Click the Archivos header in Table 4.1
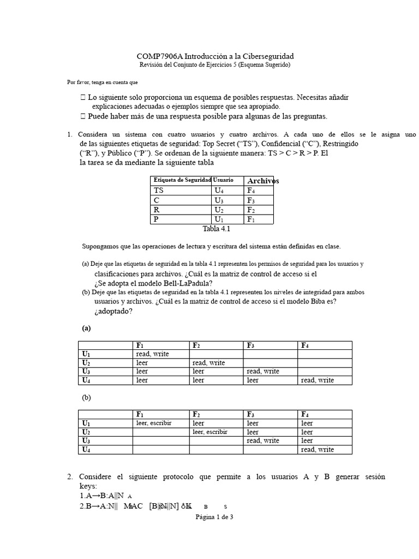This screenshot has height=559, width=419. coord(263,181)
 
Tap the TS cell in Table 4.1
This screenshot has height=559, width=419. coord(159,191)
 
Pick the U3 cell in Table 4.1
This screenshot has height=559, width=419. coord(219,200)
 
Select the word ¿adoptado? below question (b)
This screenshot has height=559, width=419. coord(113,311)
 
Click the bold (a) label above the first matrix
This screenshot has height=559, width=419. coord(86,328)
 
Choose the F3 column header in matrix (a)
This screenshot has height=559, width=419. coord(251,345)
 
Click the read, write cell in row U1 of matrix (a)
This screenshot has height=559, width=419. coord(153,354)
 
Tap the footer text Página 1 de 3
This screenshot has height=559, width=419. coord(214,517)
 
